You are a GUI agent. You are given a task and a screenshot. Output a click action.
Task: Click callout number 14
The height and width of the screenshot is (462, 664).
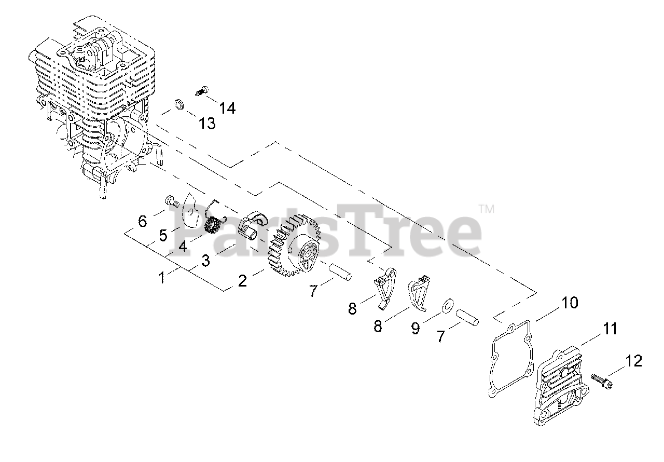[x=227, y=108]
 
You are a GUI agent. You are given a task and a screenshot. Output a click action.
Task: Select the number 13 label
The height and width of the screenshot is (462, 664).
[x=206, y=124]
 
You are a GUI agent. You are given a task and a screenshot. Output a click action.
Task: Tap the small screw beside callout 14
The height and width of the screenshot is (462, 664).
[x=200, y=91]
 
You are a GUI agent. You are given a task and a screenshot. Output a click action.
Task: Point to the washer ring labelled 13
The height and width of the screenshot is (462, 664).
[x=178, y=104]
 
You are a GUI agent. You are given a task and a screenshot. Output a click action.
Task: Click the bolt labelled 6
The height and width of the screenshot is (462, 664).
[x=171, y=199]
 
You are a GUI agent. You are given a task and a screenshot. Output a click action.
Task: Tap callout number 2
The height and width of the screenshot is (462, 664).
[x=242, y=281]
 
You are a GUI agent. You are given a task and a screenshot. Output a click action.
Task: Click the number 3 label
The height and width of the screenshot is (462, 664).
[x=205, y=261]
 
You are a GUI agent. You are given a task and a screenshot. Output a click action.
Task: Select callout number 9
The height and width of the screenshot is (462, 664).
[x=415, y=329]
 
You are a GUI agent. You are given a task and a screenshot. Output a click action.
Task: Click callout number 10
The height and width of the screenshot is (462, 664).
[x=570, y=303]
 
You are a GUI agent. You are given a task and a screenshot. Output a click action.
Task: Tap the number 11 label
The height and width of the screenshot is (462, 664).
[x=610, y=329]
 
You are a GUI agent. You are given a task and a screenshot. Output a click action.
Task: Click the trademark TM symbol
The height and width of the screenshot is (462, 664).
[x=486, y=209]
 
